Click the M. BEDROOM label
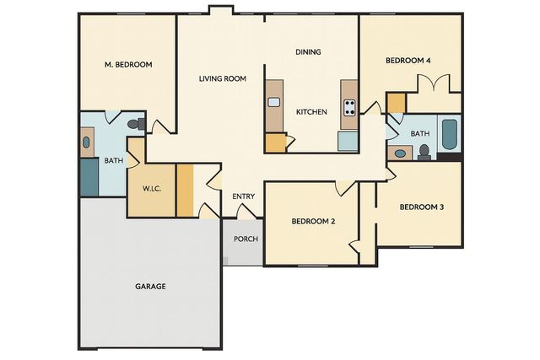pyautogui.click(x=128, y=64)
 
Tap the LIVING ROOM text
pyautogui.click(x=223, y=79)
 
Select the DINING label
pyautogui.click(x=308, y=52)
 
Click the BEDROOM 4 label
pyautogui.click(x=408, y=61)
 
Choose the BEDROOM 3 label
pyautogui.click(x=421, y=207)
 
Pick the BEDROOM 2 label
pyautogui.click(x=314, y=222)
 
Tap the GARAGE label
pyautogui.click(x=150, y=287)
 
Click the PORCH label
pyautogui.click(x=246, y=239)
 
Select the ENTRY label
pyautogui.click(x=243, y=197)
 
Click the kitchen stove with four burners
pyautogui.click(x=349, y=107)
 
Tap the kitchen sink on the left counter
pyautogui.click(x=274, y=103)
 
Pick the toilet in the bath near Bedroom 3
pyautogui.click(x=424, y=152)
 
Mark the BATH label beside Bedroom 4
pyautogui.click(x=419, y=134)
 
